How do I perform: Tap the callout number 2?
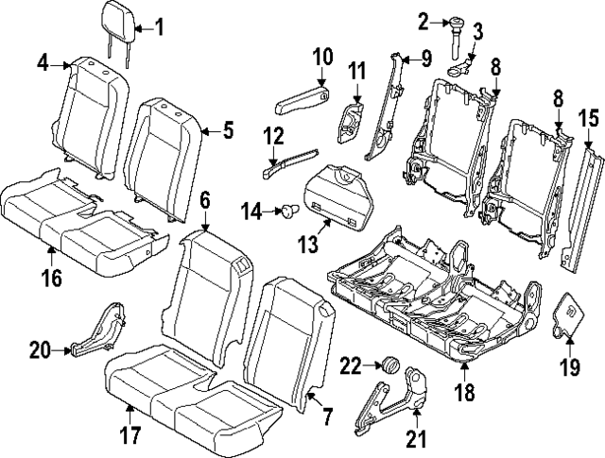click(x=423, y=19)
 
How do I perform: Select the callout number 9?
click(x=426, y=59)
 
